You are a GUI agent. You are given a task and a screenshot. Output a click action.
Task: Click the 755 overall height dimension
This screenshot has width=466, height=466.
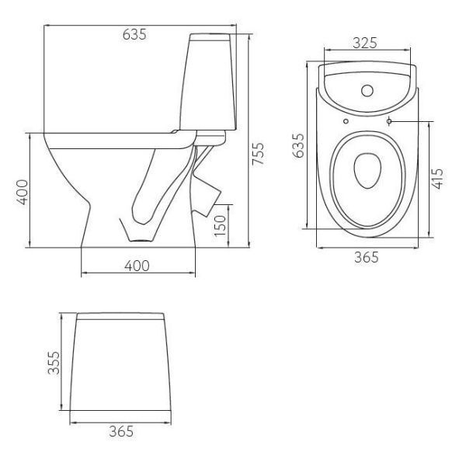coord(257,154)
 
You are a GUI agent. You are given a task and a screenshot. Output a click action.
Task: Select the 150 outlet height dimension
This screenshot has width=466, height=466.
coord(221,225)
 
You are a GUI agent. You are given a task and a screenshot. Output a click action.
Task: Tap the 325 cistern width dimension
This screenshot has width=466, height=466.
coord(365,43)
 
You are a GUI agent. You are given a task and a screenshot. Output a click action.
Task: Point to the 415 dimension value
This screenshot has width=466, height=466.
coord(437,179)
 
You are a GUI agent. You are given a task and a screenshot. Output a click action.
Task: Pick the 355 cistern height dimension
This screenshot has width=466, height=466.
coord(54,362)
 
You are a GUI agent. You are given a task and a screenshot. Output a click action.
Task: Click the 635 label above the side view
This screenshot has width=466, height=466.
coord(134,34)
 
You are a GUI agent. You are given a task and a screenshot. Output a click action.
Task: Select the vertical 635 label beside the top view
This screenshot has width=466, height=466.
coord(298,145)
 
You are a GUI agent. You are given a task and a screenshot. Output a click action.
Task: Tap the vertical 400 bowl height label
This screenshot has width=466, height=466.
coord(22,192)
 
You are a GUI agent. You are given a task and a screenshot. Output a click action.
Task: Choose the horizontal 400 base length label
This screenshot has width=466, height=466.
coord(137,266)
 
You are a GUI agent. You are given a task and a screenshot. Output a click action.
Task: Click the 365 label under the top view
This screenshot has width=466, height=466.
coord(367,257)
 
